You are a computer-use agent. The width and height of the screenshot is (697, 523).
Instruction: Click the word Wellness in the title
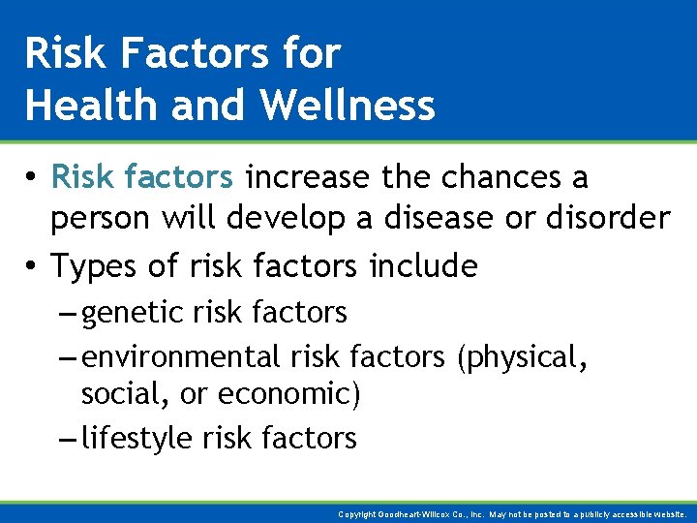pyautogui.click(x=342, y=105)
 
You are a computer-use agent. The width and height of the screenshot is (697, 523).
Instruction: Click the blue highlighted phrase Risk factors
pyautogui.click(x=141, y=178)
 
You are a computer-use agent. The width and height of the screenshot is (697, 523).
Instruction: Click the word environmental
pyautogui.click(x=181, y=357)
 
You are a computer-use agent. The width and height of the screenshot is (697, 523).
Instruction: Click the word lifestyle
pyautogui.click(x=137, y=439)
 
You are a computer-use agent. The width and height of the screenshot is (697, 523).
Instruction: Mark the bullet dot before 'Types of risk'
pyautogui.click(x=33, y=265)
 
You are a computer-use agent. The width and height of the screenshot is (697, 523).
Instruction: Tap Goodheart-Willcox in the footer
pyautogui.click(x=417, y=514)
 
